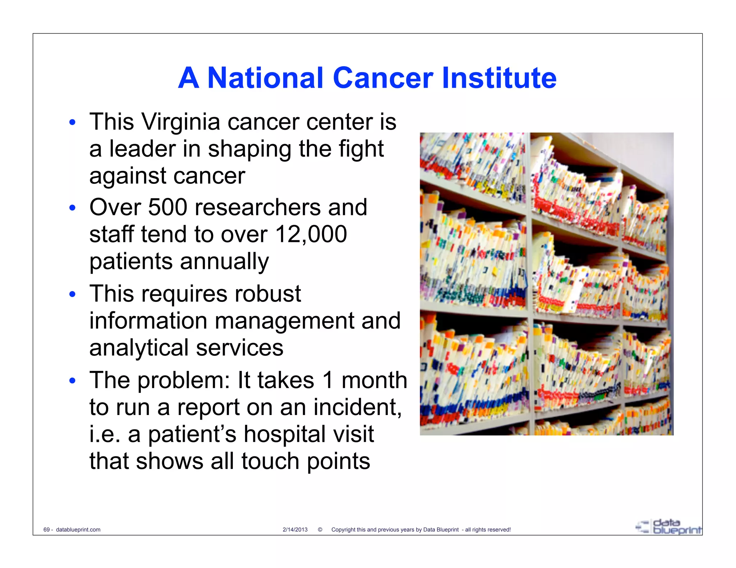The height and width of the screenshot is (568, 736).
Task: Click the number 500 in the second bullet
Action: pyautogui.click(x=167, y=208)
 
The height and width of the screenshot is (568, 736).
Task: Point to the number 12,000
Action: pyautogui.click(x=311, y=234)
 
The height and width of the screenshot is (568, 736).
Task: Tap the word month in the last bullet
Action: pyautogui.click(x=374, y=380)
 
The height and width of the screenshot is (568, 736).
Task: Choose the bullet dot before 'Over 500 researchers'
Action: pyautogui.click(x=73, y=208)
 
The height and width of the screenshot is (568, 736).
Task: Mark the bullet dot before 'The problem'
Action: pyautogui.click(x=73, y=381)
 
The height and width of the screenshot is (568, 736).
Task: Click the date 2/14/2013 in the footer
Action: pyautogui.click(x=295, y=530)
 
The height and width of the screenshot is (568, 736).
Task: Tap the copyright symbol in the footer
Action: pyautogui.click(x=320, y=530)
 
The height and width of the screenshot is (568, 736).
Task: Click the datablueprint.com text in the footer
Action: pyautogui.click(x=78, y=530)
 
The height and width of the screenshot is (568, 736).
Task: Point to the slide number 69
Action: pyautogui.click(x=46, y=530)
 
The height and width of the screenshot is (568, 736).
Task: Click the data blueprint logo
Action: pyautogui.click(x=668, y=527)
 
